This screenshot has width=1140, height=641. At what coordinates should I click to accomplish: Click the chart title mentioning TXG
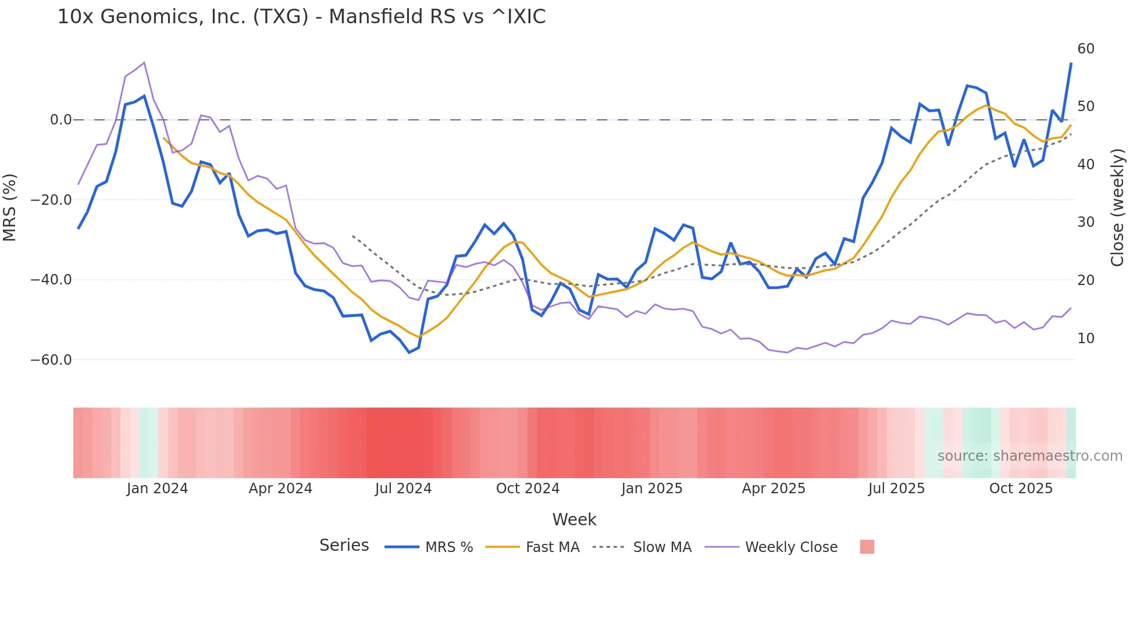[x=301, y=17]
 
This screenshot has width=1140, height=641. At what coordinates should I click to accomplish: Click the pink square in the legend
[x=867, y=547]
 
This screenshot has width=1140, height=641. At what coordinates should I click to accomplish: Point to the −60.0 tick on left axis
[x=51, y=360]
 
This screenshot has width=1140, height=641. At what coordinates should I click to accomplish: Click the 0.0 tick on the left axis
[x=60, y=120]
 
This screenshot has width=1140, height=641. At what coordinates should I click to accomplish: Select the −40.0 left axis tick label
[x=51, y=280]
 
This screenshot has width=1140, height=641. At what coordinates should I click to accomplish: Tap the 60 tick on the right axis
[x=1085, y=49]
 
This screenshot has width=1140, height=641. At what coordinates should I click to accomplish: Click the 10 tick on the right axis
[x=1085, y=339]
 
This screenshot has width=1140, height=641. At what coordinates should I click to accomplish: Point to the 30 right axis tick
[x=1085, y=222]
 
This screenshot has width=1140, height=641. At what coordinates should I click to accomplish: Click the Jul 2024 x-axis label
[x=403, y=489]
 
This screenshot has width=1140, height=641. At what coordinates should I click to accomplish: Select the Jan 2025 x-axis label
[x=651, y=489]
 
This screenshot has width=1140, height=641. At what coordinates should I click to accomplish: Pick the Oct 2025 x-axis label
[x=1021, y=489]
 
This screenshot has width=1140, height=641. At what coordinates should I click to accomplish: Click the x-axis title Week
[x=574, y=519]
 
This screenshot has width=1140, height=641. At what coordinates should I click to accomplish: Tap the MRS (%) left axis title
[x=10, y=207]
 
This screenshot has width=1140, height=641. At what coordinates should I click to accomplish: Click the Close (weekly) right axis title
[x=1117, y=208]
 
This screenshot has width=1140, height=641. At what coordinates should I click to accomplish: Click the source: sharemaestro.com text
[x=1029, y=456]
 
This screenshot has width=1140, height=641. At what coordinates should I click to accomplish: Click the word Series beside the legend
[x=344, y=546]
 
